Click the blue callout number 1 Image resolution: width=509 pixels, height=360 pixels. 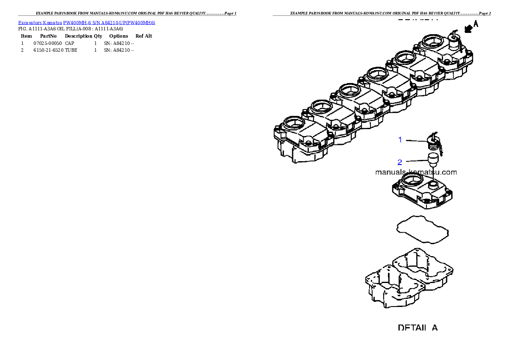coord(400,140)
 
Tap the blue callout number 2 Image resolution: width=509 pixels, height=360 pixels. coord(400,162)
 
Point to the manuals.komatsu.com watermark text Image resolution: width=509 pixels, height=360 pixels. coord(416,172)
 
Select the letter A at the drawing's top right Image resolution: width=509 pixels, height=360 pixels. coord(475,24)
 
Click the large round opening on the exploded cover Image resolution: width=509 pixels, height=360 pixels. coord(413,180)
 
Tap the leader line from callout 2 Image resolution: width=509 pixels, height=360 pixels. coord(415,161)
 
